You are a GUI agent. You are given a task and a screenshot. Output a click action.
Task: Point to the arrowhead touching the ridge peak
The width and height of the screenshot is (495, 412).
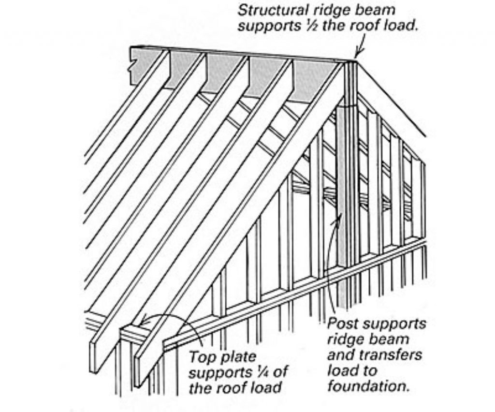[357, 55]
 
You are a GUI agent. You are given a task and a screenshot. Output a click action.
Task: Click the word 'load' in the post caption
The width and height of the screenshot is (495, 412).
[338, 371]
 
